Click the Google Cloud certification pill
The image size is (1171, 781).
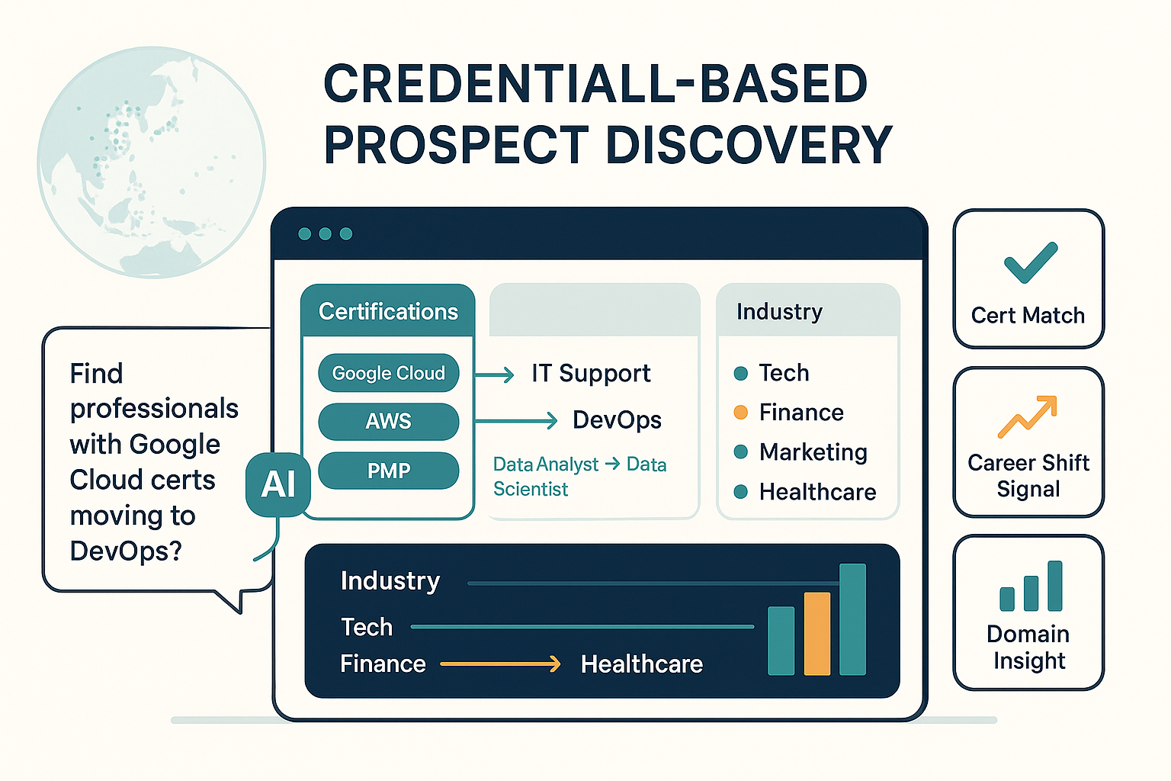(388, 373)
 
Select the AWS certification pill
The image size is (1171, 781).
(388, 421)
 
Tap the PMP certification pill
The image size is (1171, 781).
(388, 471)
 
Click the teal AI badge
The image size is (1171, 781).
(278, 484)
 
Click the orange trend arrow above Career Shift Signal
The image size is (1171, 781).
(1028, 416)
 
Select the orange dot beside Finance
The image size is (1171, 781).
(740, 413)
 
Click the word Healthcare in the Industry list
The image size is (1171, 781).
(817, 492)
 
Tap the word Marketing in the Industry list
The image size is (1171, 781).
(813, 452)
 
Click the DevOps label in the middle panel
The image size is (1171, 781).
(617, 419)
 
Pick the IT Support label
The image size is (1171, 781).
(591, 373)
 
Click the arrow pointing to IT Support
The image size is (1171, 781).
(495, 374)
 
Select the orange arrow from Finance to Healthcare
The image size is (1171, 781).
(500, 664)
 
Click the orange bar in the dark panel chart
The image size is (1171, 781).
(817, 634)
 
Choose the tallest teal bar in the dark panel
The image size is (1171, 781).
(852, 619)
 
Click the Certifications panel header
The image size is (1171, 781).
(388, 311)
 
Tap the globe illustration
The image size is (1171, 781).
(151, 162)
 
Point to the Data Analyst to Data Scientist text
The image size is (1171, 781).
(579, 476)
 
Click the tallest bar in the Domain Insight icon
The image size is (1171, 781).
(1055, 586)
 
